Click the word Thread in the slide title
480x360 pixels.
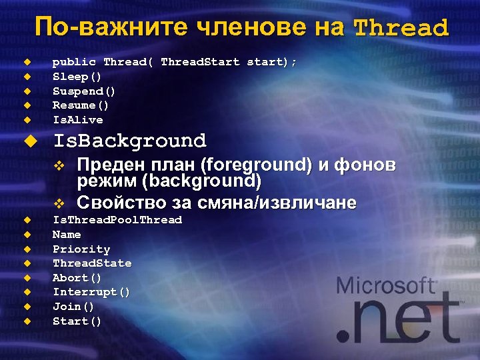(x=401, y=28)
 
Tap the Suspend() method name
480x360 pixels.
(x=84, y=91)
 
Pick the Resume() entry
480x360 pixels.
(x=81, y=105)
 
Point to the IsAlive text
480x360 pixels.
(x=78, y=120)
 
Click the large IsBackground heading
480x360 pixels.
(x=129, y=141)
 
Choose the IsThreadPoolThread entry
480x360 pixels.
(x=117, y=220)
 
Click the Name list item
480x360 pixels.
(x=67, y=235)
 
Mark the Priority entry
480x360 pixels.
(x=81, y=249)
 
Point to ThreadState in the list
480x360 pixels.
(x=92, y=263)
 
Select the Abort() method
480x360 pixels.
(x=77, y=278)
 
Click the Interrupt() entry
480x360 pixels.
(x=91, y=293)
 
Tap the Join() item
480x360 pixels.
(x=73, y=307)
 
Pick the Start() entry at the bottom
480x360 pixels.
(x=77, y=321)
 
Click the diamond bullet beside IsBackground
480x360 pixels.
(x=28, y=141)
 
